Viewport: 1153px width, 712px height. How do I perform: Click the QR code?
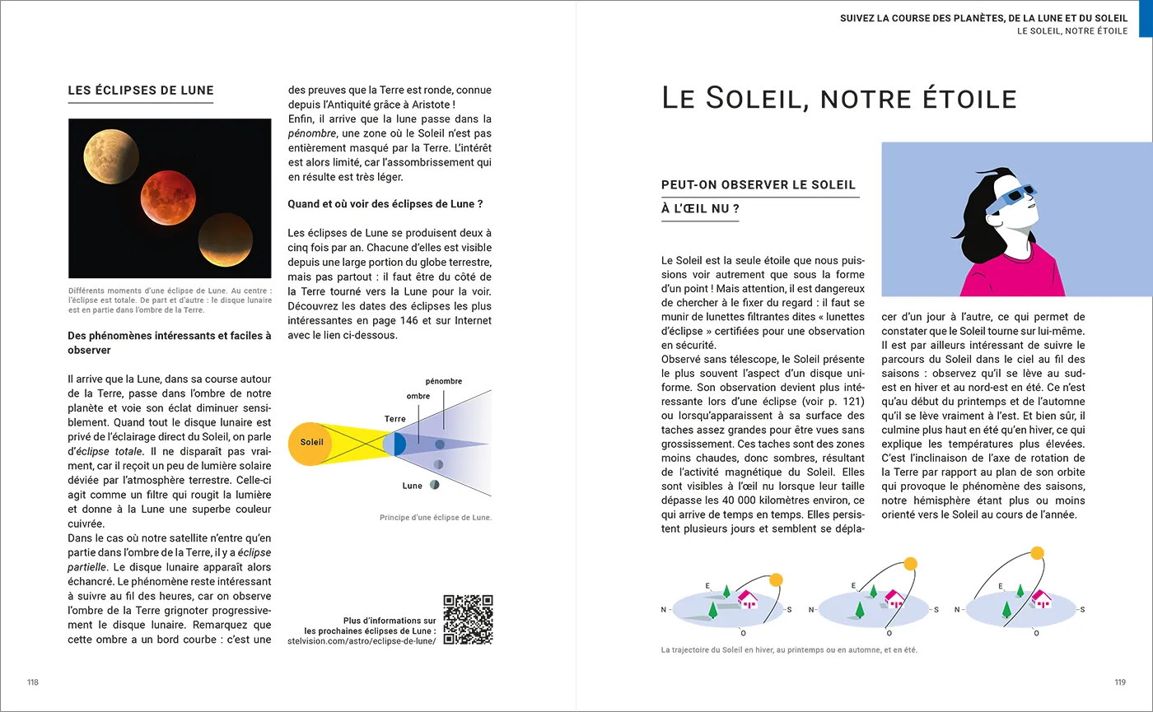(468, 619)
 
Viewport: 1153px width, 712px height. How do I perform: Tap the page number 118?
(33, 682)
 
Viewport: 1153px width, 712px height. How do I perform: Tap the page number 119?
(1119, 682)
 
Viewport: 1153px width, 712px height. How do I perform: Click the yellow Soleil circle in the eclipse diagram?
(311, 443)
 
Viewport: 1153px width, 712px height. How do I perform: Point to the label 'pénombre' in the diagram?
(443, 381)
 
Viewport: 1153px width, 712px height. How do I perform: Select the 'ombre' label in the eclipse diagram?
(418, 397)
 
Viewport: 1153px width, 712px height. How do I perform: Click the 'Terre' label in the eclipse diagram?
(395, 420)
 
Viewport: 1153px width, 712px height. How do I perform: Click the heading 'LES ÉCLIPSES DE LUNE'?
(141, 91)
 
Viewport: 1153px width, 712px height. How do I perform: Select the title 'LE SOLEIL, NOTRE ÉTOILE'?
(838, 99)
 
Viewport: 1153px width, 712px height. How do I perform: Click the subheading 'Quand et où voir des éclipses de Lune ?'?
(385, 204)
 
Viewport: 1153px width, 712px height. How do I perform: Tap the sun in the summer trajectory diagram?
(1037, 552)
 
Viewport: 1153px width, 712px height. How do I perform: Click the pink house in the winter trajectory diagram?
(748, 598)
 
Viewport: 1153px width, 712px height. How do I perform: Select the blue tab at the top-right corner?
(1146, 19)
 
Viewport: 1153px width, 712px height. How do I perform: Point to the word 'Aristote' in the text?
(426, 105)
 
